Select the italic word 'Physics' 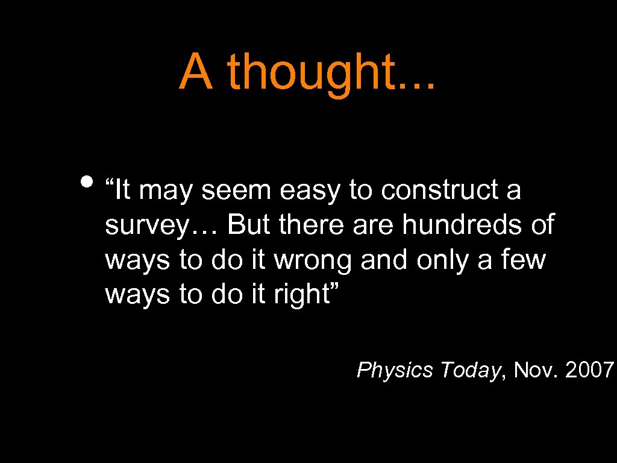[395, 370]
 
